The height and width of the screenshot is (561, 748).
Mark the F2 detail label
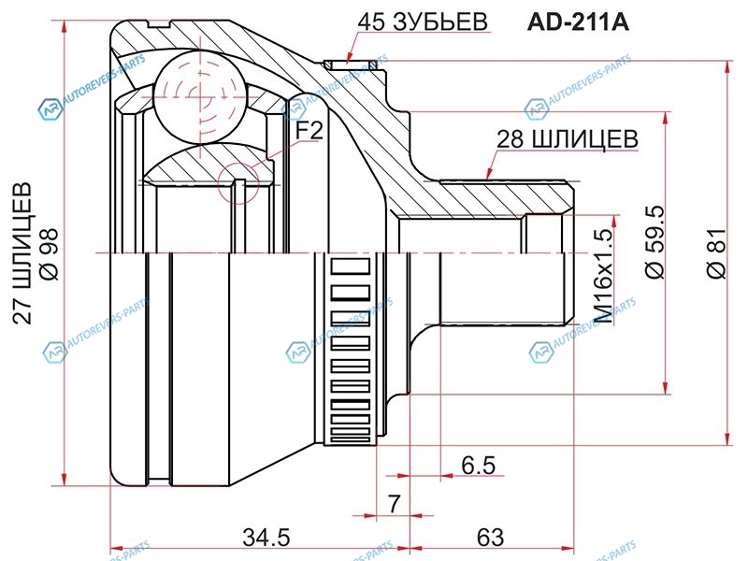point(309,132)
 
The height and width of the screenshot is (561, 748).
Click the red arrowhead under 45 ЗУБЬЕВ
point(348,59)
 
